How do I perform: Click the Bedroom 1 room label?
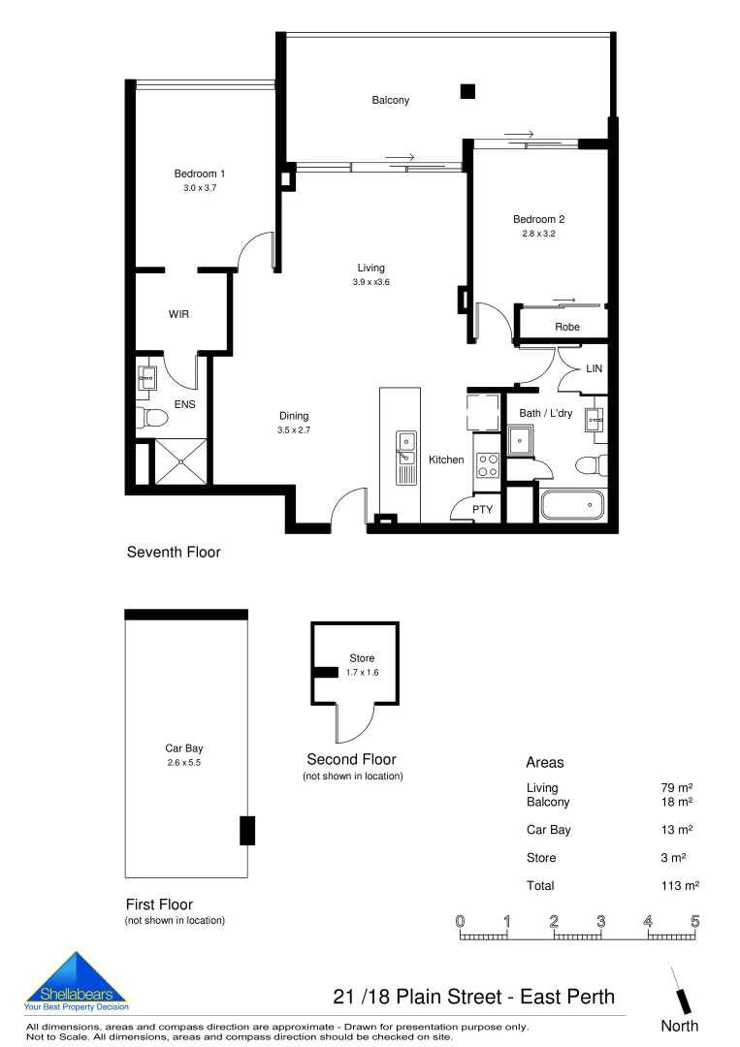(199, 174)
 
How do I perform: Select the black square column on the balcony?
(467, 92)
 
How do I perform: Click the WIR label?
(178, 315)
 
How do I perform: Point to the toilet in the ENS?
(153, 418)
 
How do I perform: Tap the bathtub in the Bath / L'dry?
(572, 505)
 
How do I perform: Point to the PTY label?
(482, 509)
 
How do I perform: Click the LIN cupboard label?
(595, 369)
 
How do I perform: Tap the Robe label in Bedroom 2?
(567, 327)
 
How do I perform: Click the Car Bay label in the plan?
(184, 748)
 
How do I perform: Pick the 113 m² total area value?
(680, 885)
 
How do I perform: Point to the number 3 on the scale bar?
(601, 920)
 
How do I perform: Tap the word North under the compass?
(679, 1026)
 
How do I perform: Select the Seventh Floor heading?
(174, 553)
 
